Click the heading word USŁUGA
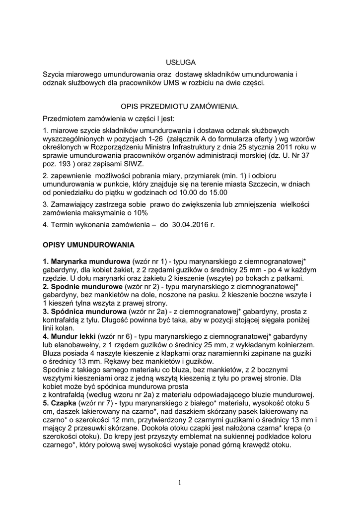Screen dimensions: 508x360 [x=180, y=62]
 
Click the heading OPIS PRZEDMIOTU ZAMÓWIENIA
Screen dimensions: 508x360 [x=180, y=106]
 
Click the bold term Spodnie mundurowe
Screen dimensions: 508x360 [x=82, y=287]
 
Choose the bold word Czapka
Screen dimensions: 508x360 [x=62, y=403]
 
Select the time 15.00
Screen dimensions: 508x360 [x=217, y=192]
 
